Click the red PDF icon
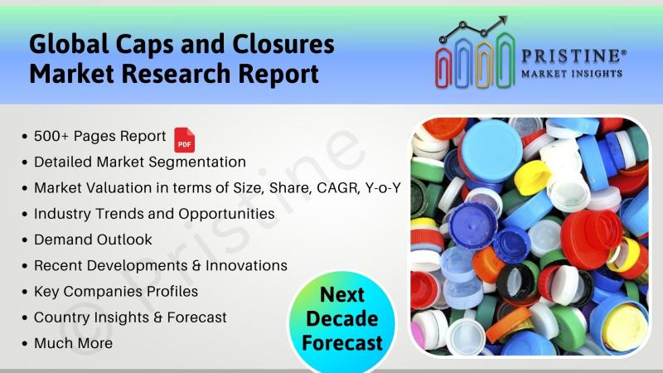[x=184, y=139]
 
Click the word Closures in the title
[x=283, y=45]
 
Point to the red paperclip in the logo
[x=443, y=67]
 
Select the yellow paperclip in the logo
[x=484, y=65]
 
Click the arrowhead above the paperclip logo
[x=503, y=20]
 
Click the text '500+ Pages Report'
[x=99, y=136]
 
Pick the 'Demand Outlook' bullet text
[x=93, y=240]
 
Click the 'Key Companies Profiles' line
[x=116, y=292]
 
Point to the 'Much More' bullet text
[x=73, y=343]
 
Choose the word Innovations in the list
[x=246, y=265]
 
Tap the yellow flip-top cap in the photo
[x=532, y=177]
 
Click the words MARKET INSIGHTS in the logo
[x=572, y=74]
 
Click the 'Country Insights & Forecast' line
[x=130, y=317]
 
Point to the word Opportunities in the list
[x=226, y=214]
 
